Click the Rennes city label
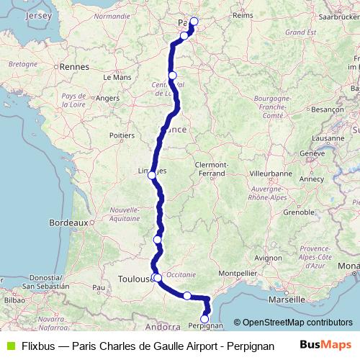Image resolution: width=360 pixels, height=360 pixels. (74, 66)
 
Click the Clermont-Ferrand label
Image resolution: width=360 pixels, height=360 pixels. (211, 168)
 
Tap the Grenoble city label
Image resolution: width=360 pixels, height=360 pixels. (299, 212)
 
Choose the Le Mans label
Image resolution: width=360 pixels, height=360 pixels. (117, 76)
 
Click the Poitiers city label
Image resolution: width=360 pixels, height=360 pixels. (121, 134)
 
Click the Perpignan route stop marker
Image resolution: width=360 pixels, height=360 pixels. (204, 319)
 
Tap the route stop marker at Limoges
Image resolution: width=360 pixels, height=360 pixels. (151, 175)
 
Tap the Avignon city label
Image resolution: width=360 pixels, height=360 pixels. (269, 257)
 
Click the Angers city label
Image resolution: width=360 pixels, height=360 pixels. (107, 98)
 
